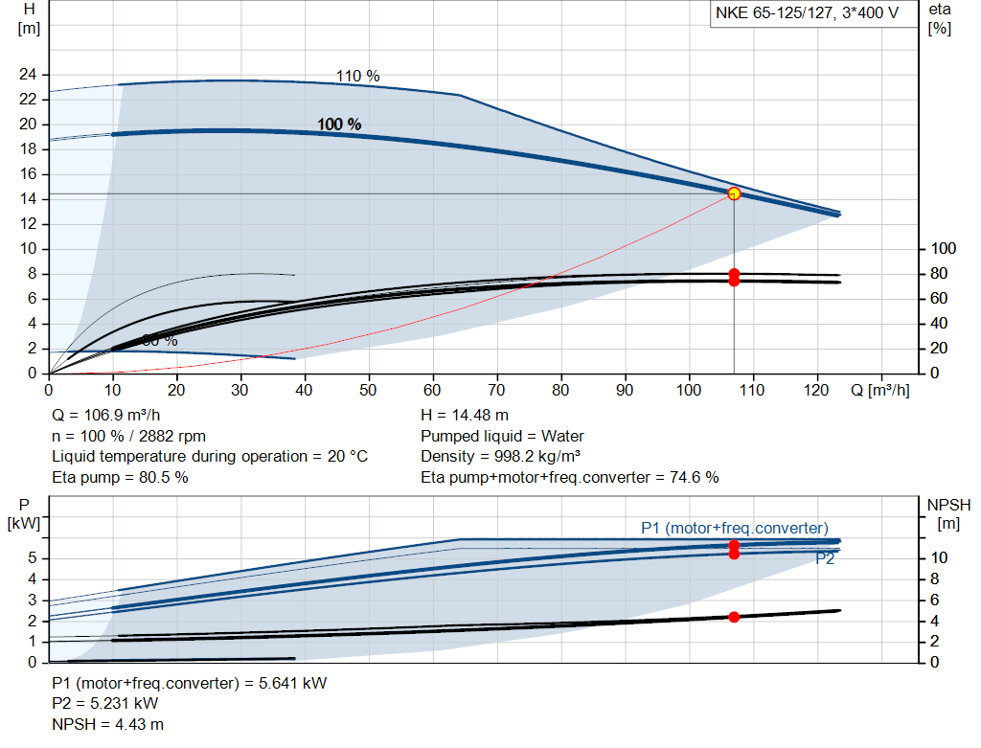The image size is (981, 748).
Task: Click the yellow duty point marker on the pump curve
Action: (x=734, y=193)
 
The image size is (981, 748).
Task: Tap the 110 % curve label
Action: (x=357, y=76)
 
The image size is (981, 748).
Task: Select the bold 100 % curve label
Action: (x=339, y=125)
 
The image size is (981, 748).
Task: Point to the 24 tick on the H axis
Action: (x=28, y=75)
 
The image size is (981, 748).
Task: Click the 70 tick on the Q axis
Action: (x=496, y=390)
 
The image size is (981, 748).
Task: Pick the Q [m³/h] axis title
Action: (x=879, y=390)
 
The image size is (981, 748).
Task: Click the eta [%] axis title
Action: (x=939, y=18)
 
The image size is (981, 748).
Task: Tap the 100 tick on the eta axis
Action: (x=945, y=249)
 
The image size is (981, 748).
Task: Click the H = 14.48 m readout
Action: (x=465, y=416)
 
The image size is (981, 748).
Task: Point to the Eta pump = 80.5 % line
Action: (x=120, y=476)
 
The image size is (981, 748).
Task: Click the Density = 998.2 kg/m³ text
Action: (x=501, y=456)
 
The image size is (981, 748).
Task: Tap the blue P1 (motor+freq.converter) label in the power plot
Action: (x=734, y=528)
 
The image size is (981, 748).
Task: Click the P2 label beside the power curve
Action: (x=825, y=559)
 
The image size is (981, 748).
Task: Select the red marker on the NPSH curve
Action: (x=734, y=617)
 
